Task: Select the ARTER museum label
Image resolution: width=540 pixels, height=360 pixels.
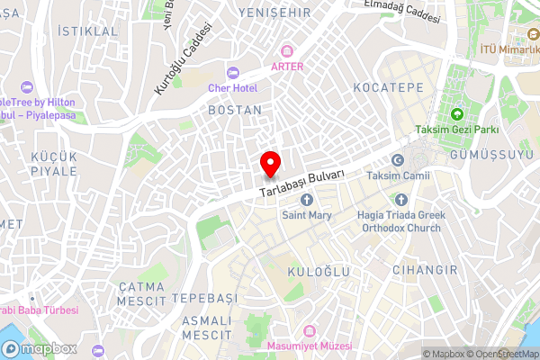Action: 286,66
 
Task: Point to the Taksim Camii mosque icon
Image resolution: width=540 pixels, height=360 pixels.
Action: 398,160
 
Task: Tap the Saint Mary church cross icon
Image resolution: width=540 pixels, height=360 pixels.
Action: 307,200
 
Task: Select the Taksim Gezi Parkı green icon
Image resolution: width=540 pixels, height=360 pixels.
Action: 456,114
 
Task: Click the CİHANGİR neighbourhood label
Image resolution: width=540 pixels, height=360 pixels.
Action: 425,269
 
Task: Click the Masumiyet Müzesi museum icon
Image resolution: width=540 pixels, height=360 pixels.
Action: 310,331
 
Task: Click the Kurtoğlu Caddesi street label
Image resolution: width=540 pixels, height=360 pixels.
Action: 184,59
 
